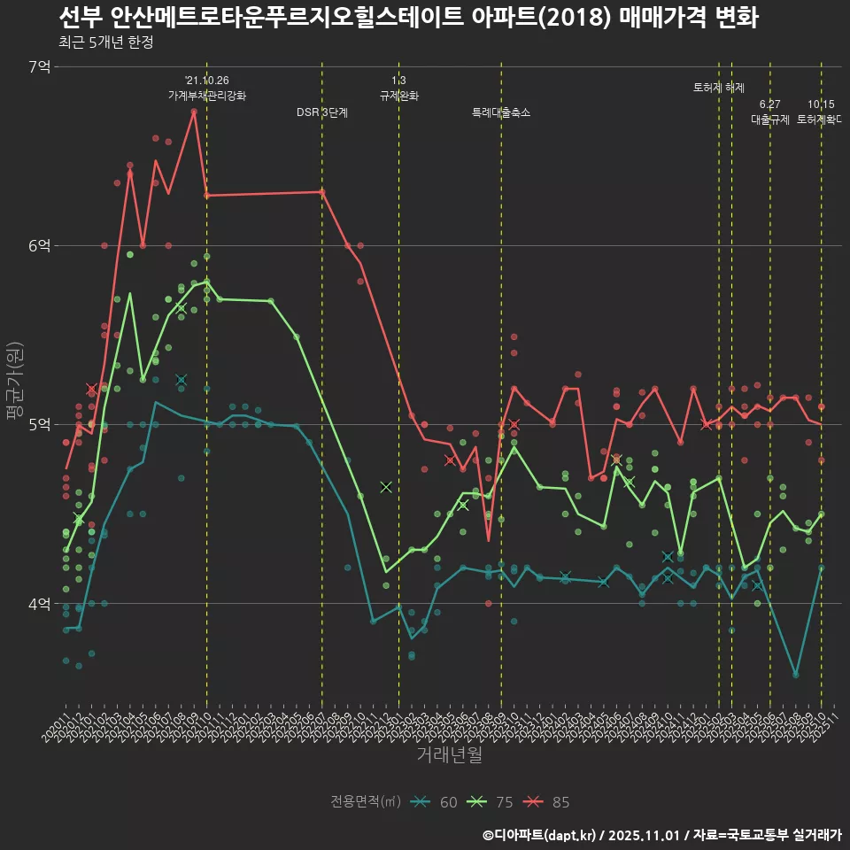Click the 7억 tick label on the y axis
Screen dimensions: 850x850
[39, 66]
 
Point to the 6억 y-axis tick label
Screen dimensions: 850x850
[39, 245]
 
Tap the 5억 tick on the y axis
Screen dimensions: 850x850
[39, 424]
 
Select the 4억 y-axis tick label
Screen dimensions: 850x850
[39, 604]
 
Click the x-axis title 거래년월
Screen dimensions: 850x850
[449, 755]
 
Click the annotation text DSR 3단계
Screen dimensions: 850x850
[322, 112]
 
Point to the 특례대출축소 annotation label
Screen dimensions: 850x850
[501, 112]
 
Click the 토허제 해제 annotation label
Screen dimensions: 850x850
[719, 88]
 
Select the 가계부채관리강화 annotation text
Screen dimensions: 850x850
[207, 95]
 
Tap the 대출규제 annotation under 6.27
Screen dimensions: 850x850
[769, 119]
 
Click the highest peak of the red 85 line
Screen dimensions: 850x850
[194, 112]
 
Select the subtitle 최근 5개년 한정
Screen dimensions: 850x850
[106, 42]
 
